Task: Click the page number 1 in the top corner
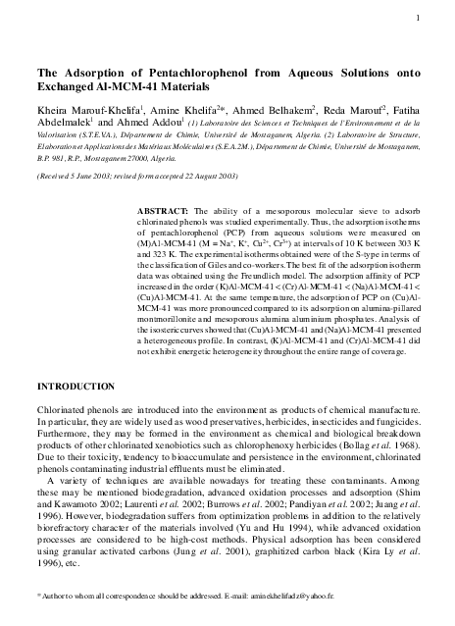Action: tap(419, 20)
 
